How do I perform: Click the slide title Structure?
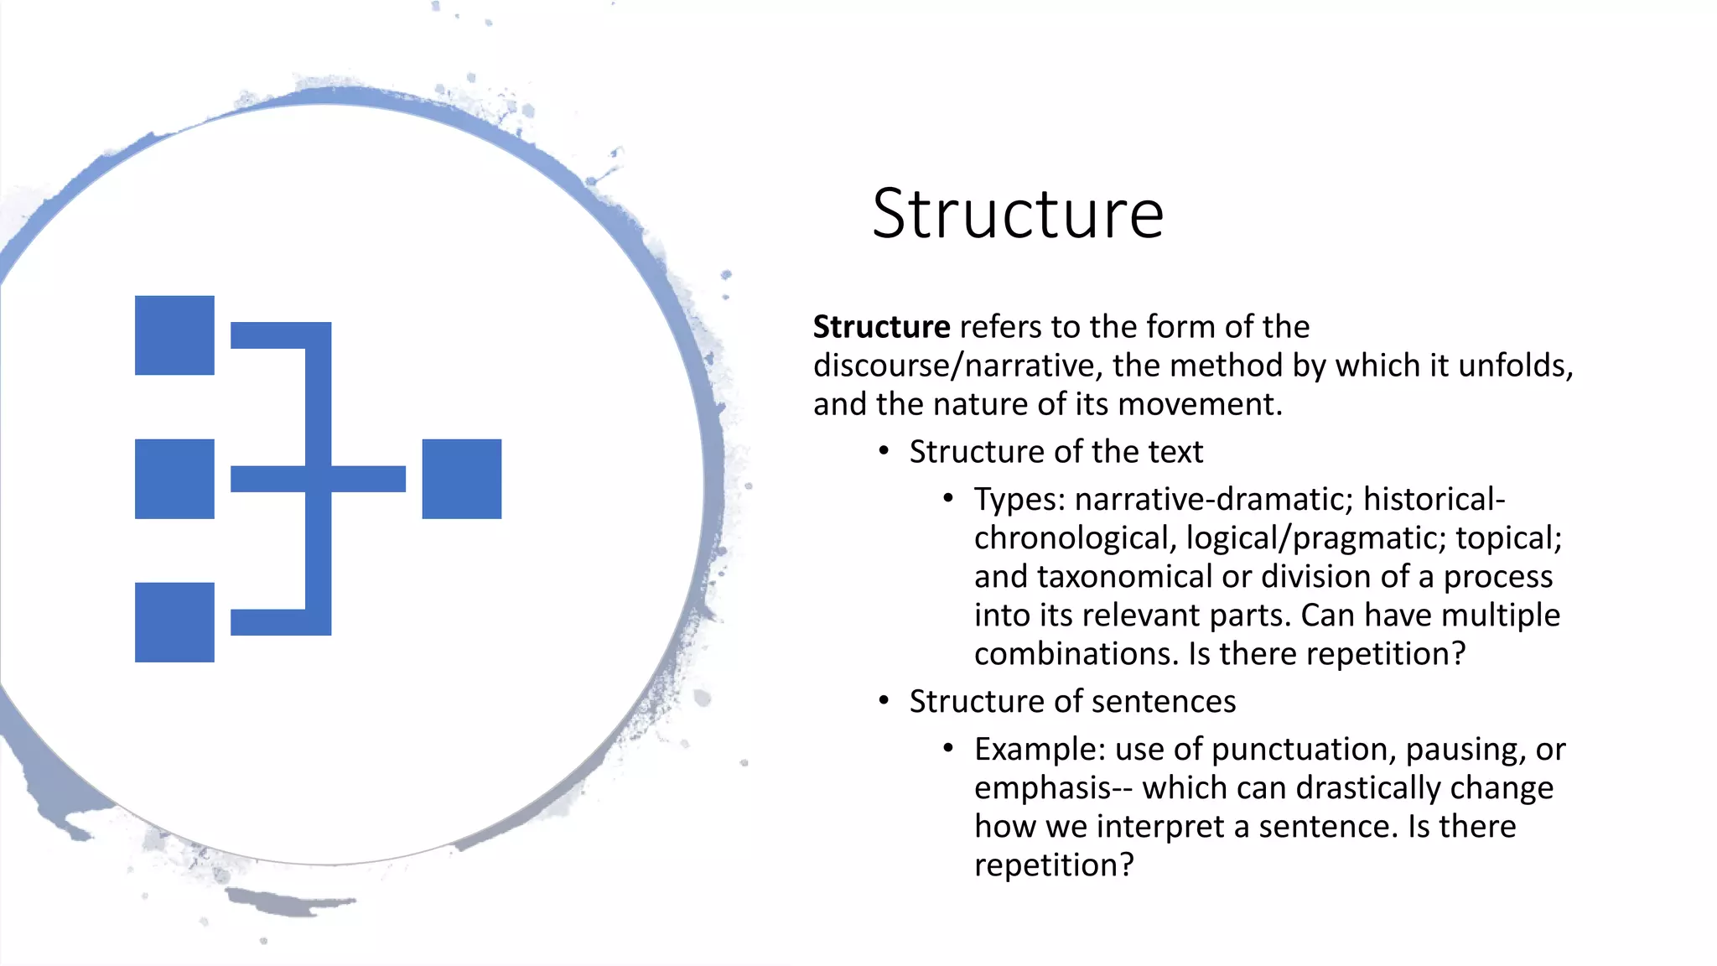click(x=1017, y=215)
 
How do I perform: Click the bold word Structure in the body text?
click(x=881, y=327)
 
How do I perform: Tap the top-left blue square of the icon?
click(x=174, y=335)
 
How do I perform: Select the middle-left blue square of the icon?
click(x=174, y=479)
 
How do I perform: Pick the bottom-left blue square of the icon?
click(x=174, y=622)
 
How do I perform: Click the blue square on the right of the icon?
click(x=462, y=479)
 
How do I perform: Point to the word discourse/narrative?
click(x=957, y=366)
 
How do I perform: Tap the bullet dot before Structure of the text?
click(x=884, y=451)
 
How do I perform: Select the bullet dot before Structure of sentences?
click(x=884, y=700)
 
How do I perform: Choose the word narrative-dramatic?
click(x=1213, y=500)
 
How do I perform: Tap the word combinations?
click(x=1076, y=654)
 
